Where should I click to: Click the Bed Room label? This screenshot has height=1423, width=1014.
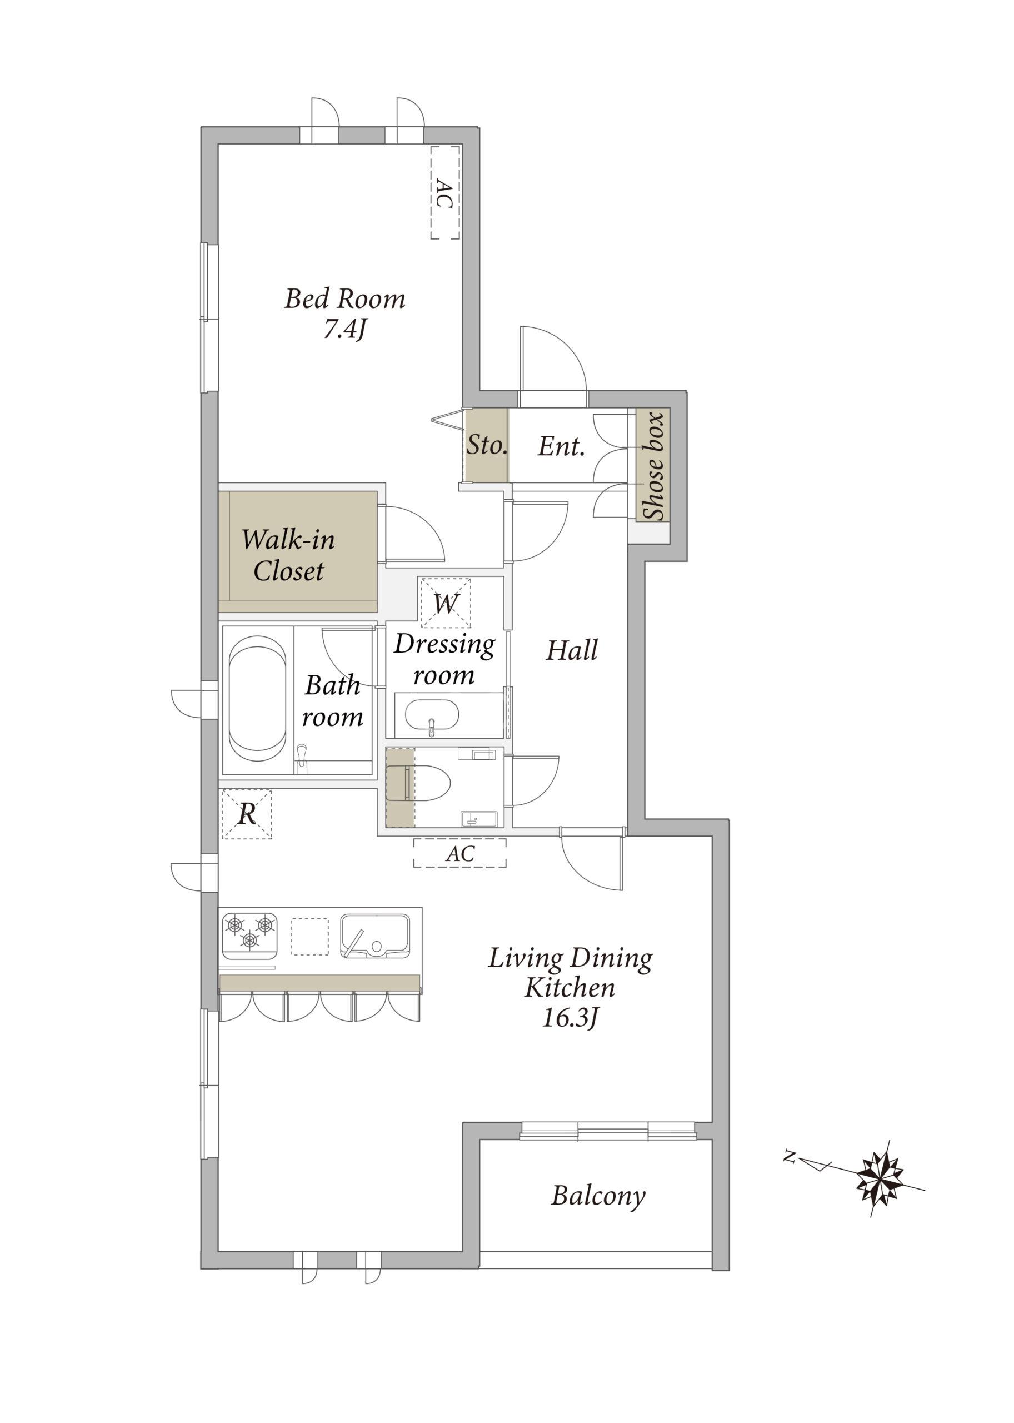(344, 298)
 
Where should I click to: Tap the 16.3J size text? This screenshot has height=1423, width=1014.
(570, 1019)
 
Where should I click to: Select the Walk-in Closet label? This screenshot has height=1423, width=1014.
(288, 555)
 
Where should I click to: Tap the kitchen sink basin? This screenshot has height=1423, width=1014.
(374, 935)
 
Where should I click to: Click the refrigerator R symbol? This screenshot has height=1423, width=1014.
(247, 814)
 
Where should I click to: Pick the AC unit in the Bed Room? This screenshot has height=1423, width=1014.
(445, 192)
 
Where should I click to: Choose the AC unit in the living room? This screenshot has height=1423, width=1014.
(459, 853)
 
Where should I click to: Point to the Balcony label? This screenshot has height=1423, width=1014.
(598, 1196)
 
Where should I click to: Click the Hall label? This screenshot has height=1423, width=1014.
(572, 650)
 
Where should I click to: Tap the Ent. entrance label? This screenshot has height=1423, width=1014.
(561, 446)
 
